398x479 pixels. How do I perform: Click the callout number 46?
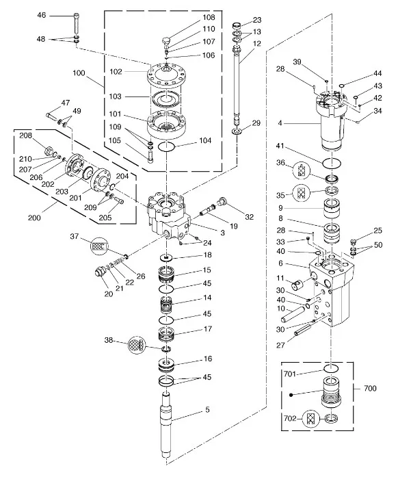point(42,14)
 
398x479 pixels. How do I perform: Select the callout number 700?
point(370,388)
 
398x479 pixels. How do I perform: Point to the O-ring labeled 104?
point(166,146)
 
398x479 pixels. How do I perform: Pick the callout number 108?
point(209,17)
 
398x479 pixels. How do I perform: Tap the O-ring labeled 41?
point(332,163)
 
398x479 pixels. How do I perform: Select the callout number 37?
point(75,237)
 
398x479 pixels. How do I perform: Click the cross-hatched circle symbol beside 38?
point(137,345)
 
